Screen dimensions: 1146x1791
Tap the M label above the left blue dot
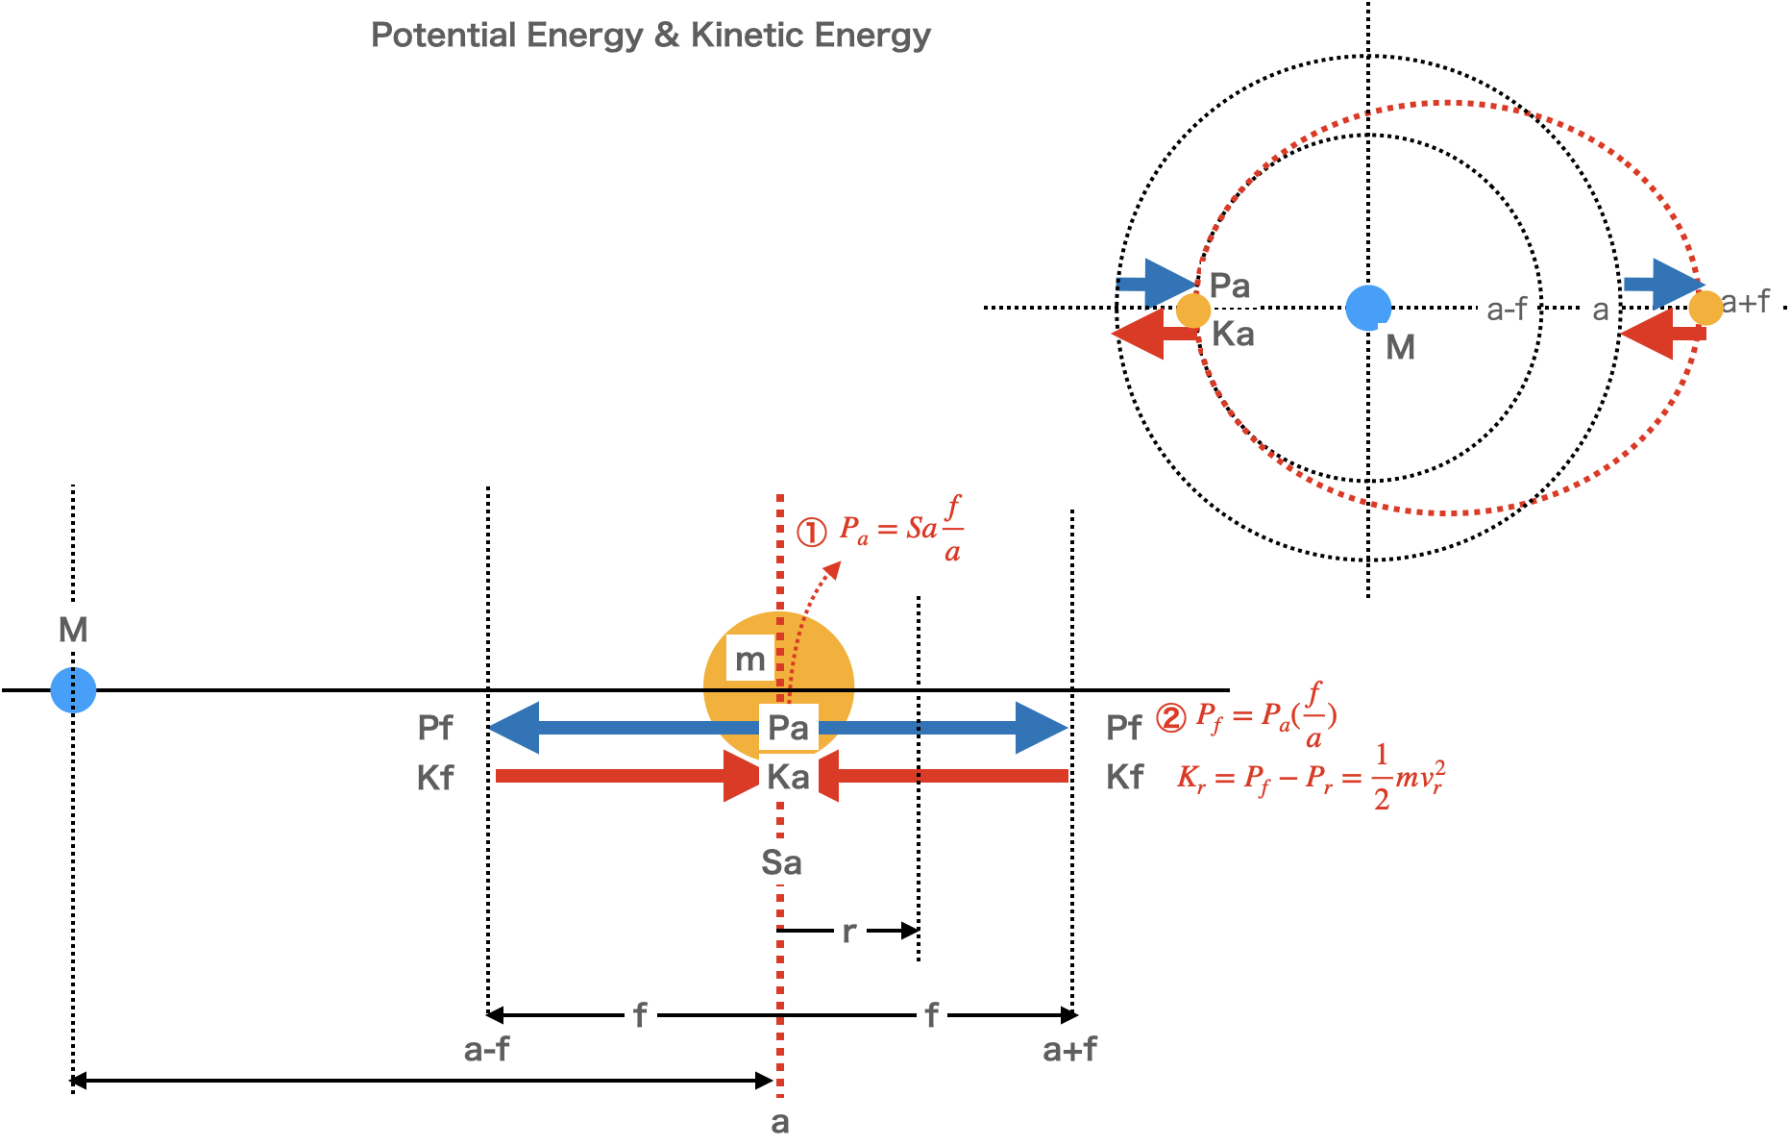click(74, 629)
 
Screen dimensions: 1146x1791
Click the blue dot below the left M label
click(74, 689)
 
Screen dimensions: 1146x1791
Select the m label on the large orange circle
click(749, 659)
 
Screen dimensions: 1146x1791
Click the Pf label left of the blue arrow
click(435, 727)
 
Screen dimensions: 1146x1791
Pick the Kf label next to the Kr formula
click(1124, 777)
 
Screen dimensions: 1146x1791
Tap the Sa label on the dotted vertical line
click(781, 861)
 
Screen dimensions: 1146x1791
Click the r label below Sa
click(849, 931)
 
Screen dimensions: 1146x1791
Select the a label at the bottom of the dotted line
click(780, 1121)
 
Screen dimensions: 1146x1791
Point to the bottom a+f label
click(1069, 1048)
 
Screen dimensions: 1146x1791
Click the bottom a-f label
click(486, 1048)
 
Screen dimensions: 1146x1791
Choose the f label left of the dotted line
click(640, 1014)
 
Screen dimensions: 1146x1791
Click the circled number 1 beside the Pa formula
click(812, 532)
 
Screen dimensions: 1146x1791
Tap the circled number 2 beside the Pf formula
click(1170, 717)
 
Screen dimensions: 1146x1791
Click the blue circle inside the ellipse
click(1368, 308)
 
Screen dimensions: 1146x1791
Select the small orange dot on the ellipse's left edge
click(1192, 311)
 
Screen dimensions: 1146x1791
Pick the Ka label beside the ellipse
click(1233, 334)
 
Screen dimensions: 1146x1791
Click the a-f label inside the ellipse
click(1507, 309)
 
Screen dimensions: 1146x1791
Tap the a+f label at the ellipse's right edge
click(1745, 301)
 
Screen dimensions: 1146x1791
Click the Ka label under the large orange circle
click(788, 777)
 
